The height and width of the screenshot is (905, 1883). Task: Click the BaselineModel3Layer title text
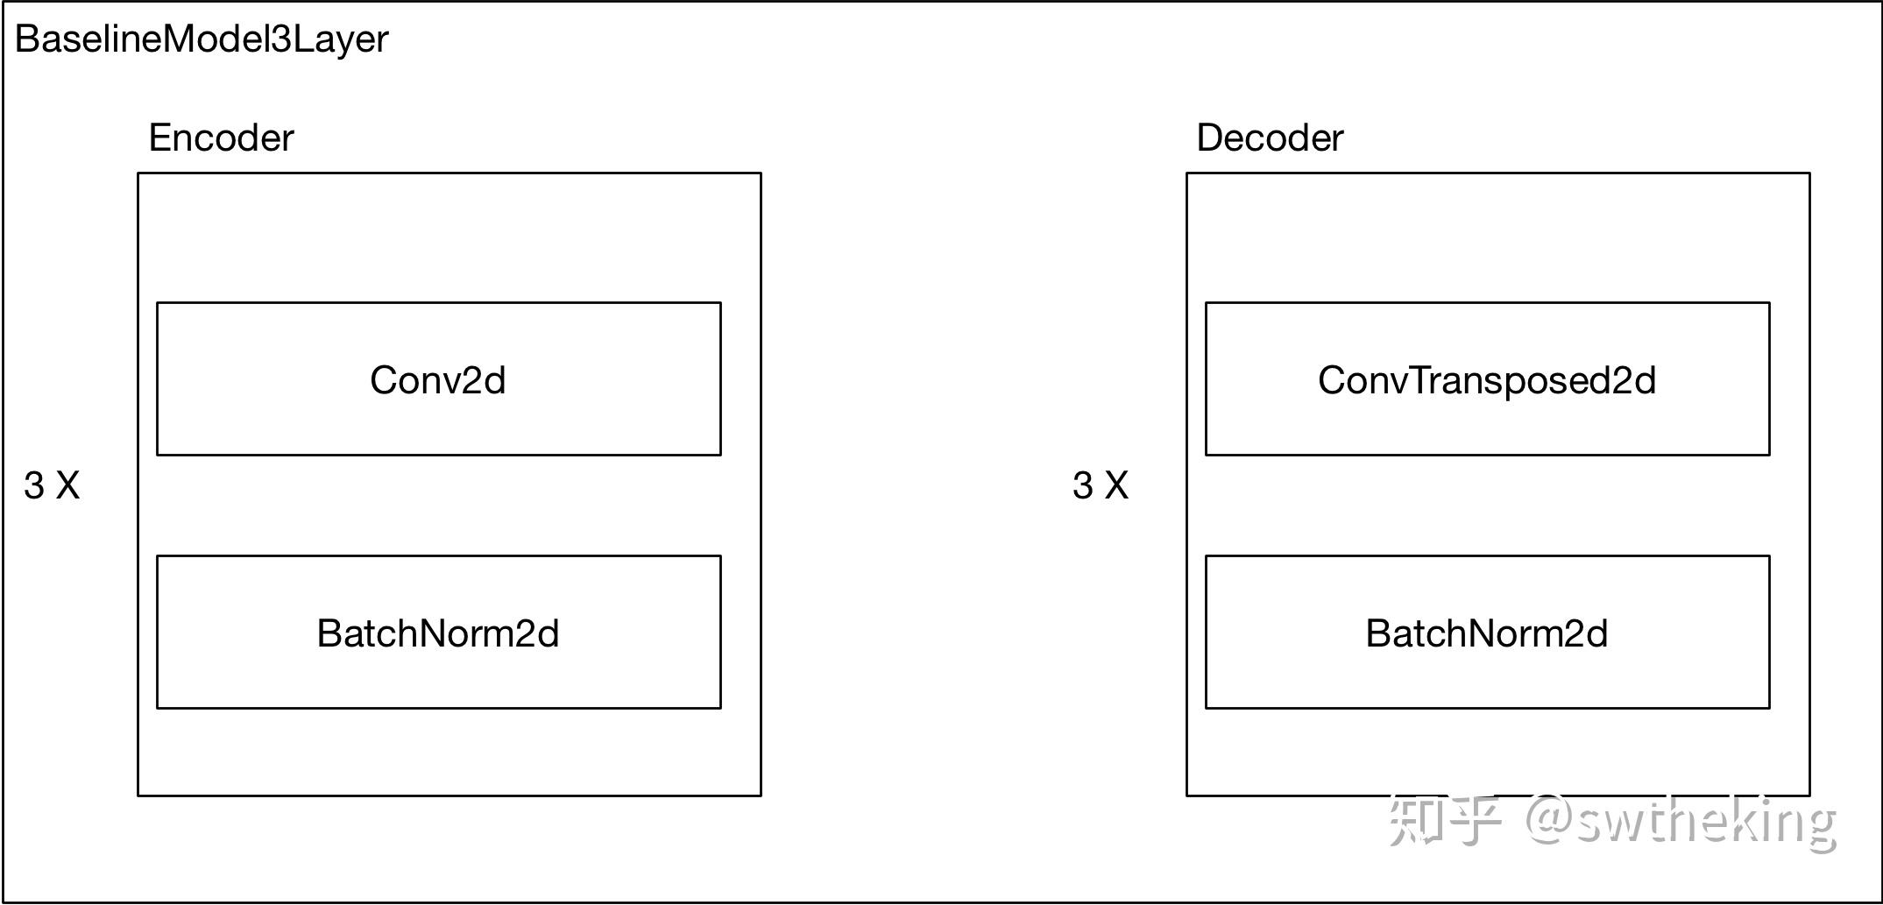tap(202, 39)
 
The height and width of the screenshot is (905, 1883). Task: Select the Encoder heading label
tap(221, 138)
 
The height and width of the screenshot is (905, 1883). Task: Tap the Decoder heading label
tap(1269, 138)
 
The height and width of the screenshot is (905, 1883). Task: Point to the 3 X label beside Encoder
tap(52, 485)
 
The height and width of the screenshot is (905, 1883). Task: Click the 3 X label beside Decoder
tap(1101, 485)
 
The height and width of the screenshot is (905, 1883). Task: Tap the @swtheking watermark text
tap(1681, 821)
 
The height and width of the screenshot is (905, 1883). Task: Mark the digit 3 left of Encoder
tap(34, 485)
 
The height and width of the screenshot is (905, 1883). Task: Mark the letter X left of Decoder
tap(1116, 485)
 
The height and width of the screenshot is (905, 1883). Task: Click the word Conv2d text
tap(438, 380)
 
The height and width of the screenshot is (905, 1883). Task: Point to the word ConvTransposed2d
tap(1487, 380)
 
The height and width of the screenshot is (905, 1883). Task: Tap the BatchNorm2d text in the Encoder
tap(438, 633)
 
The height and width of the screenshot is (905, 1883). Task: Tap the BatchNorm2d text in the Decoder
tap(1487, 633)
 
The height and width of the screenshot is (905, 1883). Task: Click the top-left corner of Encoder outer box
tap(138, 173)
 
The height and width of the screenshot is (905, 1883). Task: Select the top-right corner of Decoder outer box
tap(1809, 173)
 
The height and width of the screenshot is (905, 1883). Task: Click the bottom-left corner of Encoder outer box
tap(138, 795)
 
